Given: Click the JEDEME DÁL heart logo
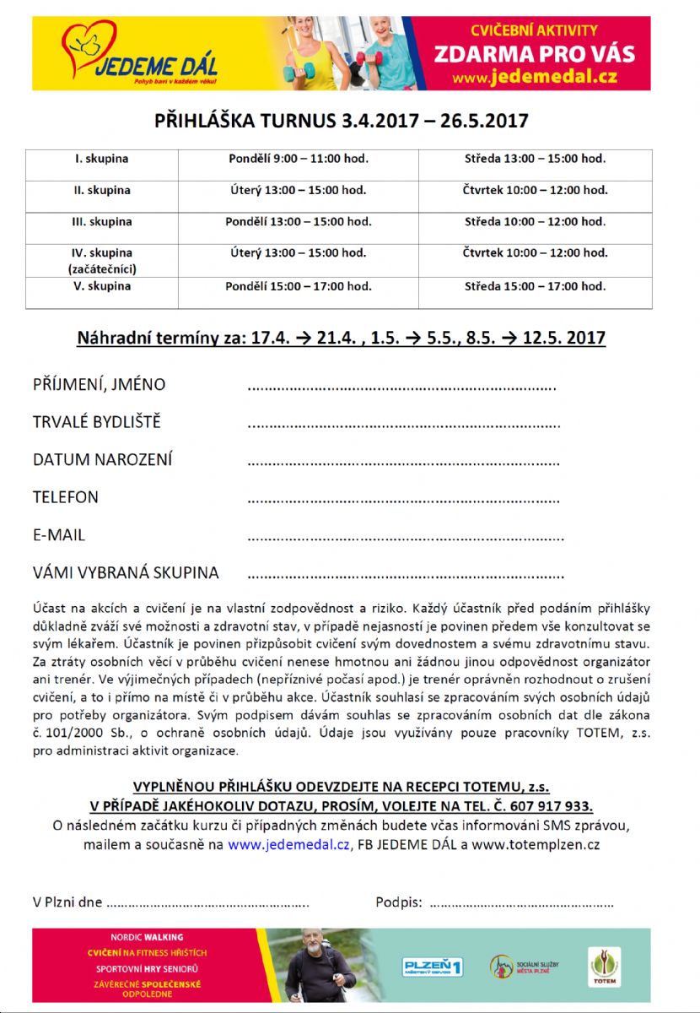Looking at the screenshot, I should pyautogui.click(x=88, y=45).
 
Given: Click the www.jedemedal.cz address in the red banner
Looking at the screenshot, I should pyautogui.click(x=536, y=78).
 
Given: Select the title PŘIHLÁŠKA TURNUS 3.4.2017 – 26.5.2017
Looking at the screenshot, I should pyautogui.click(x=341, y=121).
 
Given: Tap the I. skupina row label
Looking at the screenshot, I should pyautogui.click(x=101, y=159).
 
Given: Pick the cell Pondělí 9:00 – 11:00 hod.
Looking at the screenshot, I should pyautogui.click(x=299, y=159).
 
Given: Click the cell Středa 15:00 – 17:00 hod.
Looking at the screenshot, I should pyautogui.click(x=535, y=286).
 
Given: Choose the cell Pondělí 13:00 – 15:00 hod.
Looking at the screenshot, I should pyautogui.click(x=299, y=222).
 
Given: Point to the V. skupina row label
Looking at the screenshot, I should pyautogui.click(x=101, y=286).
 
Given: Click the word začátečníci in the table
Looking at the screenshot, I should pyautogui.click(x=102, y=269).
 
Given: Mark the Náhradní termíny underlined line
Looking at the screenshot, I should pyautogui.click(x=341, y=339).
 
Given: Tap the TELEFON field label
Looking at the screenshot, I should pyautogui.click(x=66, y=497).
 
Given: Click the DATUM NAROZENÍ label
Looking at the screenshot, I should pyautogui.click(x=102, y=460).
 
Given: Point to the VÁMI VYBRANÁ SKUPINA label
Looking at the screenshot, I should pyautogui.click(x=126, y=572).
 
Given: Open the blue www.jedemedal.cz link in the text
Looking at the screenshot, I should pyautogui.click(x=288, y=843).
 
